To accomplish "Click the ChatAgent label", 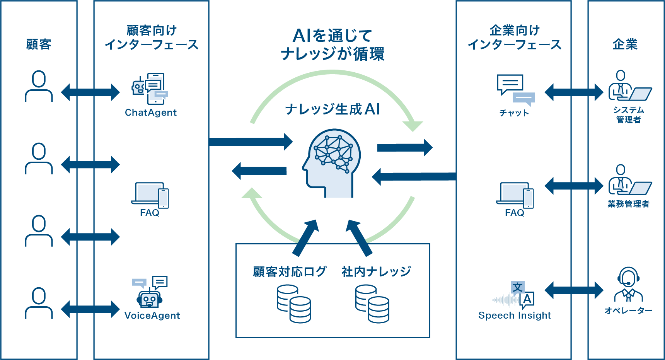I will pyautogui.click(x=151, y=113).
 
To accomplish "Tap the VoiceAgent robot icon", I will pyautogui.click(x=150, y=297).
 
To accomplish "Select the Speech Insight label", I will pyautogui.click(x=514, y=315).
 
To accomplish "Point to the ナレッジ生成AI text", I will pyautogui.click(x=332, y=109).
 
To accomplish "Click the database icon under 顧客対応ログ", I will pyautogui.click(x=294, y=304).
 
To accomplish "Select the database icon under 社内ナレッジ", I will pyautogui.click(x=372, y=304).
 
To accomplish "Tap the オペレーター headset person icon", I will pyautogui.click(x=628, y=285).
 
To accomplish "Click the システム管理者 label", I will pyautogui.click(x=628, y=115).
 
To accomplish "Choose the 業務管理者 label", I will pyautogui.click(x=628, y=204).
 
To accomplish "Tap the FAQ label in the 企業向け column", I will pyautogui.click(x=515, y=213).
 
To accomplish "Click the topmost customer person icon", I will pyautogui.click(x=39, y=86).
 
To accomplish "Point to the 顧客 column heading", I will pyautogui.click(x=39, y=44).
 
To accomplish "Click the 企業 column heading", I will pyautogui.click(x=625, y=44).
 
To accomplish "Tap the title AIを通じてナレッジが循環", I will pyautogui.click(x=332, y=45).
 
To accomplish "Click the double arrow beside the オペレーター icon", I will pyautogui.click(x=574, y=290).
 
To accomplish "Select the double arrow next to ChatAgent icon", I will pyautogui.click(x=90, y=92).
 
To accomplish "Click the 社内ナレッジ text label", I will pyautogui.click(x=376, y=271).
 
